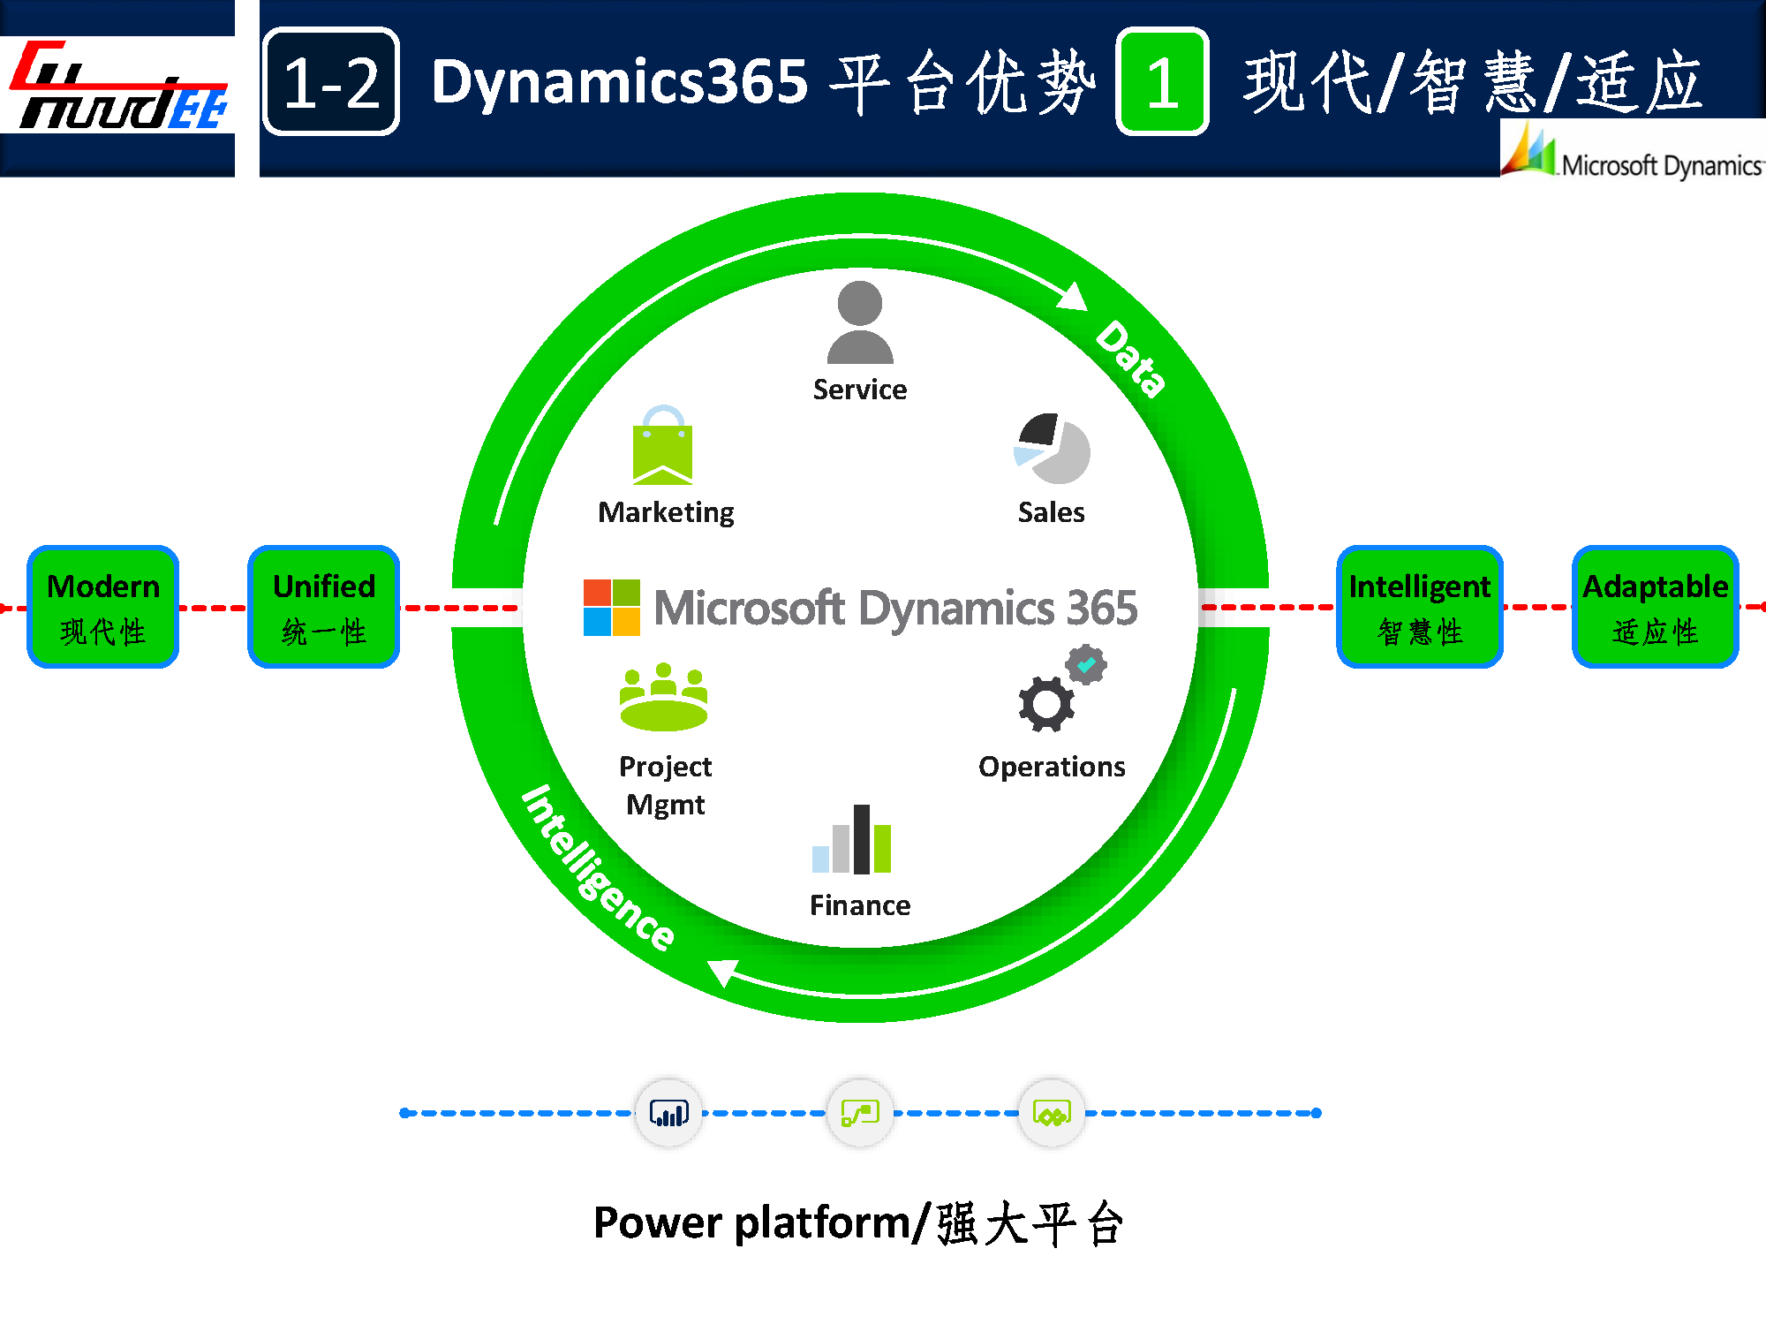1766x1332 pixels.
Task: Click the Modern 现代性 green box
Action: pos(103,607)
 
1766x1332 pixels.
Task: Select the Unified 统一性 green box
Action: pos(324,607)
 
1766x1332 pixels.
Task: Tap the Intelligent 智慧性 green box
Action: pos(1419,607)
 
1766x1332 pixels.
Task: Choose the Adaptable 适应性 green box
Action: pos(1655,607)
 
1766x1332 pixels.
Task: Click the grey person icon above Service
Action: pos(860,322)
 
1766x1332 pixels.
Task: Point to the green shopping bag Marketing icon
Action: pos(663,446)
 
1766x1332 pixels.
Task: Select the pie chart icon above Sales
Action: pos(1052,449)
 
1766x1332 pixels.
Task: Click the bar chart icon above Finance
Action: pos(853,840)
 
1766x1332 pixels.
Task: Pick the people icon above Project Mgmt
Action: pos(664,698)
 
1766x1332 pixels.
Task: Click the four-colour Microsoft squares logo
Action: pos(611,608)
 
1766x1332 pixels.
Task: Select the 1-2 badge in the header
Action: pos(331,82)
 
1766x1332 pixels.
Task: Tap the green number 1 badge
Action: pos(1162,82)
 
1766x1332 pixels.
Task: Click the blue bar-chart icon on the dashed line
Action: pos(668,1113)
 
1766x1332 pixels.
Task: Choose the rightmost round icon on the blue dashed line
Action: pos(1052,1113)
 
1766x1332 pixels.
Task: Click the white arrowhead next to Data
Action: pos(1073,298)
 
